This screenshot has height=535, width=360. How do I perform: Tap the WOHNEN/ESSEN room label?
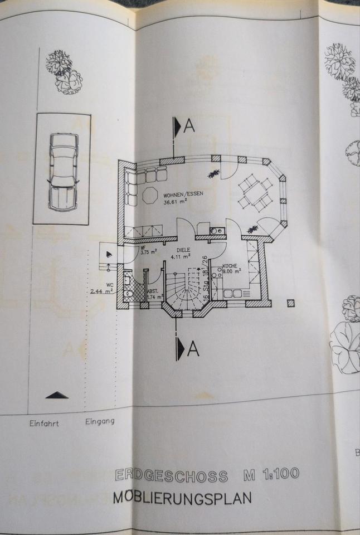[x=183, y=194]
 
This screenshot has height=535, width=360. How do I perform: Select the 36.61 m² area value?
[x=175, y=202]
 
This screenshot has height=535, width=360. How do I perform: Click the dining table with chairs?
[x=252, y=192]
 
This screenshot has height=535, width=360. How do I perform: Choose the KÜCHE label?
[x=231, y=266]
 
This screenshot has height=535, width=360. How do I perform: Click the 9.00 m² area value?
[x=231, y=272]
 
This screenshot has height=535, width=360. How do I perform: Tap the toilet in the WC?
[x=127, y=292]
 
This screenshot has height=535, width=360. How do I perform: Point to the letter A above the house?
[x=189, y=127]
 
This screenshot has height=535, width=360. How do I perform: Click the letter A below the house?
[x=193, y=349]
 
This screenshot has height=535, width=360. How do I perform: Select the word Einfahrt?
[x=44, y=423]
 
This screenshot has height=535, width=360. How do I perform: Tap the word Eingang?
[x=100, y=421]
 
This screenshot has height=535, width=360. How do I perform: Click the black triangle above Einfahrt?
[x=56, y=395]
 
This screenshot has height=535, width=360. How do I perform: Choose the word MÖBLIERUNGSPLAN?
[x=182, y=497]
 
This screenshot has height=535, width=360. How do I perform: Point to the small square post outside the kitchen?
[x=290, y=303]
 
